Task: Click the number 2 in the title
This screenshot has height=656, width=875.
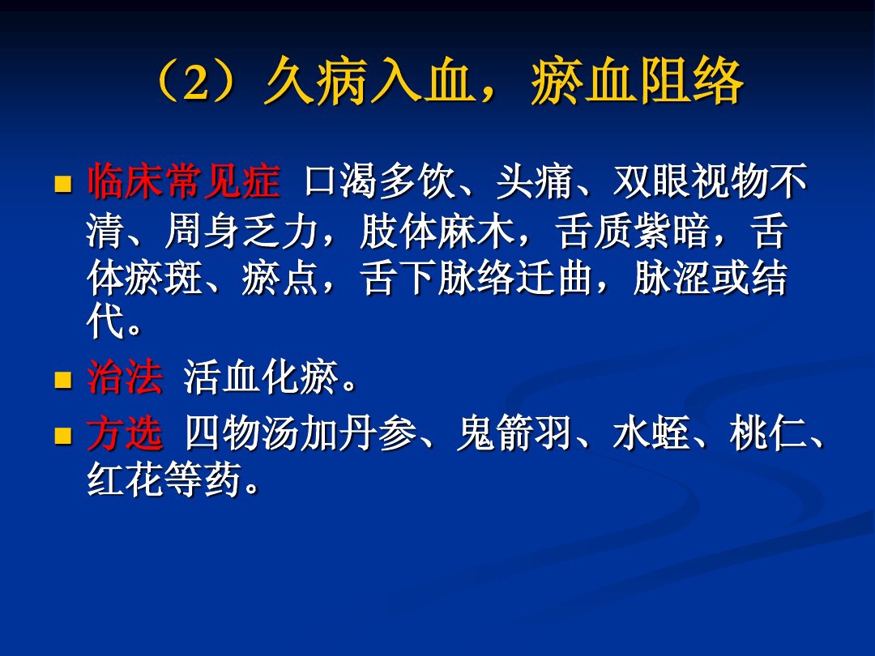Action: [197, 83]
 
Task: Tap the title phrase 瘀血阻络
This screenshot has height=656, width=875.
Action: [637, 83]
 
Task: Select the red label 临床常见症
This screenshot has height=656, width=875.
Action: [184, 182]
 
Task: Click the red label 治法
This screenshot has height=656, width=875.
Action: [125, 379]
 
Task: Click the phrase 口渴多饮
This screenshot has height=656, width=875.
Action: [381, 182]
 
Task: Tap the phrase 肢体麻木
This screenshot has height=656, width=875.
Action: [437, 234]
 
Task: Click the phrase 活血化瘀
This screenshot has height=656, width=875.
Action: [261, 379]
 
